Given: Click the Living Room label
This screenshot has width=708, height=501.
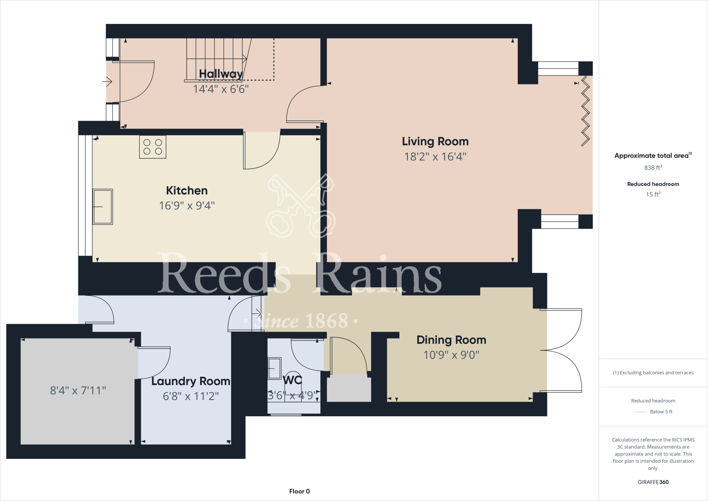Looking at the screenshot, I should click(x=435, y=142).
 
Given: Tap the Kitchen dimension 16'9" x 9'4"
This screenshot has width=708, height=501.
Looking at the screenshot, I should click(x=187, y=206).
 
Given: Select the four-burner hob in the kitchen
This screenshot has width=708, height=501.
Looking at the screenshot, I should click(x=152, y=147).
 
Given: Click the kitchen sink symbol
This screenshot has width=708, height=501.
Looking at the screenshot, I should click(x=103, y=207).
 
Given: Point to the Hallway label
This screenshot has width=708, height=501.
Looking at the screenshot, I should click(x=221, y=74).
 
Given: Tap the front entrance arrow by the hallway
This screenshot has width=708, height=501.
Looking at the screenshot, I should click(x=108, y=82).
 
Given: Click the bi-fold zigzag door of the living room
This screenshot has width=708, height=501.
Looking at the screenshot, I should click(x=585, y=111).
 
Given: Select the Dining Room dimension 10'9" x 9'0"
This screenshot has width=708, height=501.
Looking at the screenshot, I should click(x=451, y=355).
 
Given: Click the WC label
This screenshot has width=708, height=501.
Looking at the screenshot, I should click(x=292, y=380).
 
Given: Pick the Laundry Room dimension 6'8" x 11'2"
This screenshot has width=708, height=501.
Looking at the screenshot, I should click(x=191, y=396).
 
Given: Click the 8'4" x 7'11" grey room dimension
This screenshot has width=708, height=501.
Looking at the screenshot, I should click(x=78, y=391).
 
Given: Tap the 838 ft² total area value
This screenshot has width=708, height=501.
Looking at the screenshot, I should click(x=653, y=168).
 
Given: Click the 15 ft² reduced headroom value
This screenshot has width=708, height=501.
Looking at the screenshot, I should click(x=653, y=194).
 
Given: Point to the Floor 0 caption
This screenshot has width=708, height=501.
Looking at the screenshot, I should click(x=299, y=491).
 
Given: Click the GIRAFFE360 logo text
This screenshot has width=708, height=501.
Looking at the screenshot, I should click(x=653, y=482).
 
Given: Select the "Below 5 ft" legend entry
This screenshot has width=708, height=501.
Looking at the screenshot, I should click(x=661, y=412).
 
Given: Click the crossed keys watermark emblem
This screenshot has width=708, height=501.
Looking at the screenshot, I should click(x=300, y=206).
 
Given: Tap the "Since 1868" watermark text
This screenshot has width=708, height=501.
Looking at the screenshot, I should click(x=301, y=321).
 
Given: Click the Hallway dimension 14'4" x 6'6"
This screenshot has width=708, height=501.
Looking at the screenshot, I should click(x=221, y=89).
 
